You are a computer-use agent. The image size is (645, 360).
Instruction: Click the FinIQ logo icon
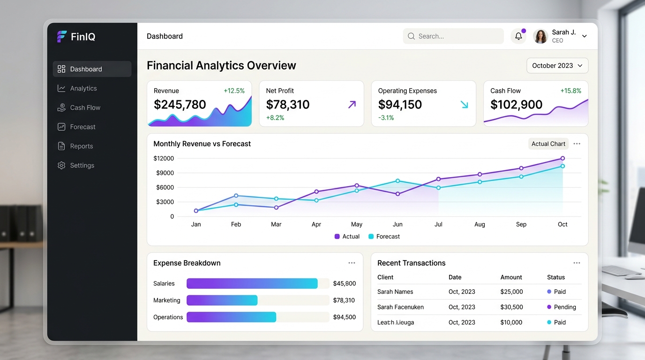61,37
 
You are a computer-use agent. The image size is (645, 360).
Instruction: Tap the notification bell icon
518,36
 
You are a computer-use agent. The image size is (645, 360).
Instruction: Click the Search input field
453,36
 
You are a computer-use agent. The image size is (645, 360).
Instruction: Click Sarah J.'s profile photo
540,36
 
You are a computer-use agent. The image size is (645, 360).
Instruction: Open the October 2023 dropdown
557,66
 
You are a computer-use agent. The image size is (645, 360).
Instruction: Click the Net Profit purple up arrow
352,104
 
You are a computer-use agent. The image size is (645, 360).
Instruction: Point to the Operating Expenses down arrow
464,104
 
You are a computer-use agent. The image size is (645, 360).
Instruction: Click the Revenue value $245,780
180,104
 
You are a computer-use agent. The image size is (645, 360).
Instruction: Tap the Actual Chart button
548,144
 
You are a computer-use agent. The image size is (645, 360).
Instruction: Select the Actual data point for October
562,158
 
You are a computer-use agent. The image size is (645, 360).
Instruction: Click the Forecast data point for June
397,181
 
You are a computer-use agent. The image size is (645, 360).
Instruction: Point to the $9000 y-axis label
165,173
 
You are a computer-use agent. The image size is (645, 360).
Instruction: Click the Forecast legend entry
384,236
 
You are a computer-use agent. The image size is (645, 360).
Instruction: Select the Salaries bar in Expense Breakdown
252,284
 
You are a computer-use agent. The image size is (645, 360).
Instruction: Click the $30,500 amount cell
511,307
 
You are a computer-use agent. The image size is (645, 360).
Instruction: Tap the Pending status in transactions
562,307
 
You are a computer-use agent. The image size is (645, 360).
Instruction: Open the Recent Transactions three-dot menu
577,263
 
